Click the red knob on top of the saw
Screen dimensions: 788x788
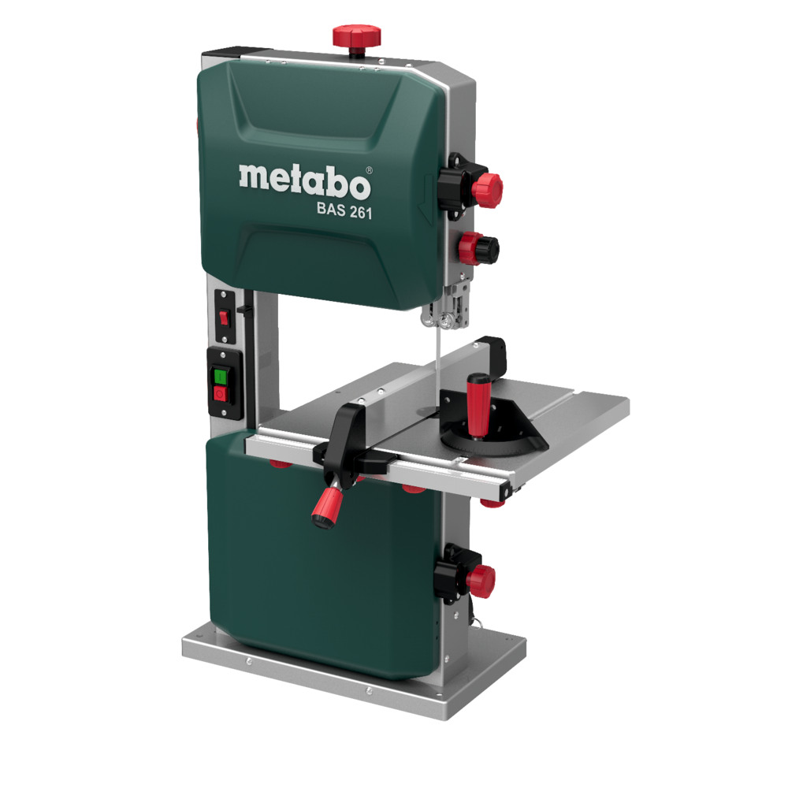pos(356,35)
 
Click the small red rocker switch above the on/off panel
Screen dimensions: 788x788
pos(223,317)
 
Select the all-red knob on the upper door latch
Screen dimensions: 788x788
pos(487,188)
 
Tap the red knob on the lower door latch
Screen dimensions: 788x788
pos(479,581)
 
